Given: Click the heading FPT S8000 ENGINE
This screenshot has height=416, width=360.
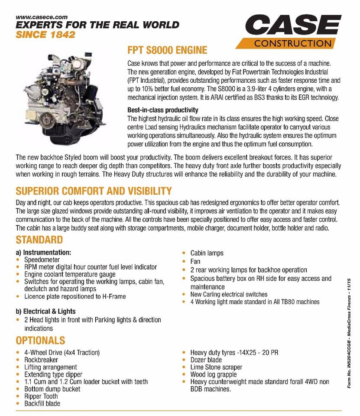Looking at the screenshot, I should (x=167, y=50).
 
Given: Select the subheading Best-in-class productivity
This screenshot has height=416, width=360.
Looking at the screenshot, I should (x=163, y=110).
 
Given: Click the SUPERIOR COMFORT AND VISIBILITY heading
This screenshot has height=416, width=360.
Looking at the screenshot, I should (x=94, y=191).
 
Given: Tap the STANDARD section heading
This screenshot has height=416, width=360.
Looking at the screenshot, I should (x=39, y=240).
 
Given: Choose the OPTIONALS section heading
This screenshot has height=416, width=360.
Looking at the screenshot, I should (x=40, y=340).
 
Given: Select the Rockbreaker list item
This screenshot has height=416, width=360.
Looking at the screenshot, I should (x=42, y=360).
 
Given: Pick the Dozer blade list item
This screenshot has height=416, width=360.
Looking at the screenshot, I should (x=206, y=360).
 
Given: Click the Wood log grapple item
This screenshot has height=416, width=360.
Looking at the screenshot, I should (x=213, y=374).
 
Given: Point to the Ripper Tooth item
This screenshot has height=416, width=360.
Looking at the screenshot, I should (x=41, y=396).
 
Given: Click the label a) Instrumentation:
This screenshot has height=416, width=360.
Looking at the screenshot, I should (x=43, y=252).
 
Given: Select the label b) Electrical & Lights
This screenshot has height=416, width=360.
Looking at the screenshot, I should (x=45, y=311).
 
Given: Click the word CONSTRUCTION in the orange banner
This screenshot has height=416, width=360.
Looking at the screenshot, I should (x=292, y=43).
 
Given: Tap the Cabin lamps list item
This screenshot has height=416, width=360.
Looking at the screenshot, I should (x=207, y=253).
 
